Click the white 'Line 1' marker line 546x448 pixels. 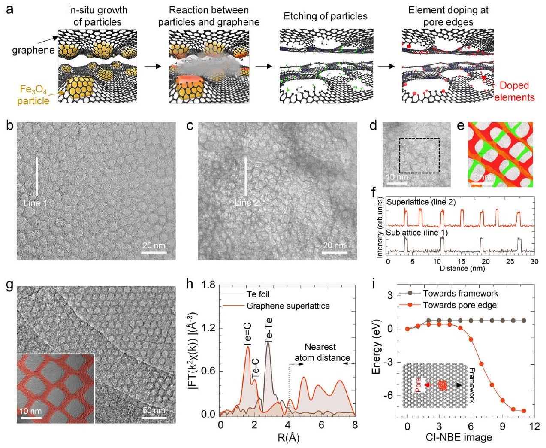coord(37,177)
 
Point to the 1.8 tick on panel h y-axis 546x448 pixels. coord(210,285)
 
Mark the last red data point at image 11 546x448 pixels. coord(524,411)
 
